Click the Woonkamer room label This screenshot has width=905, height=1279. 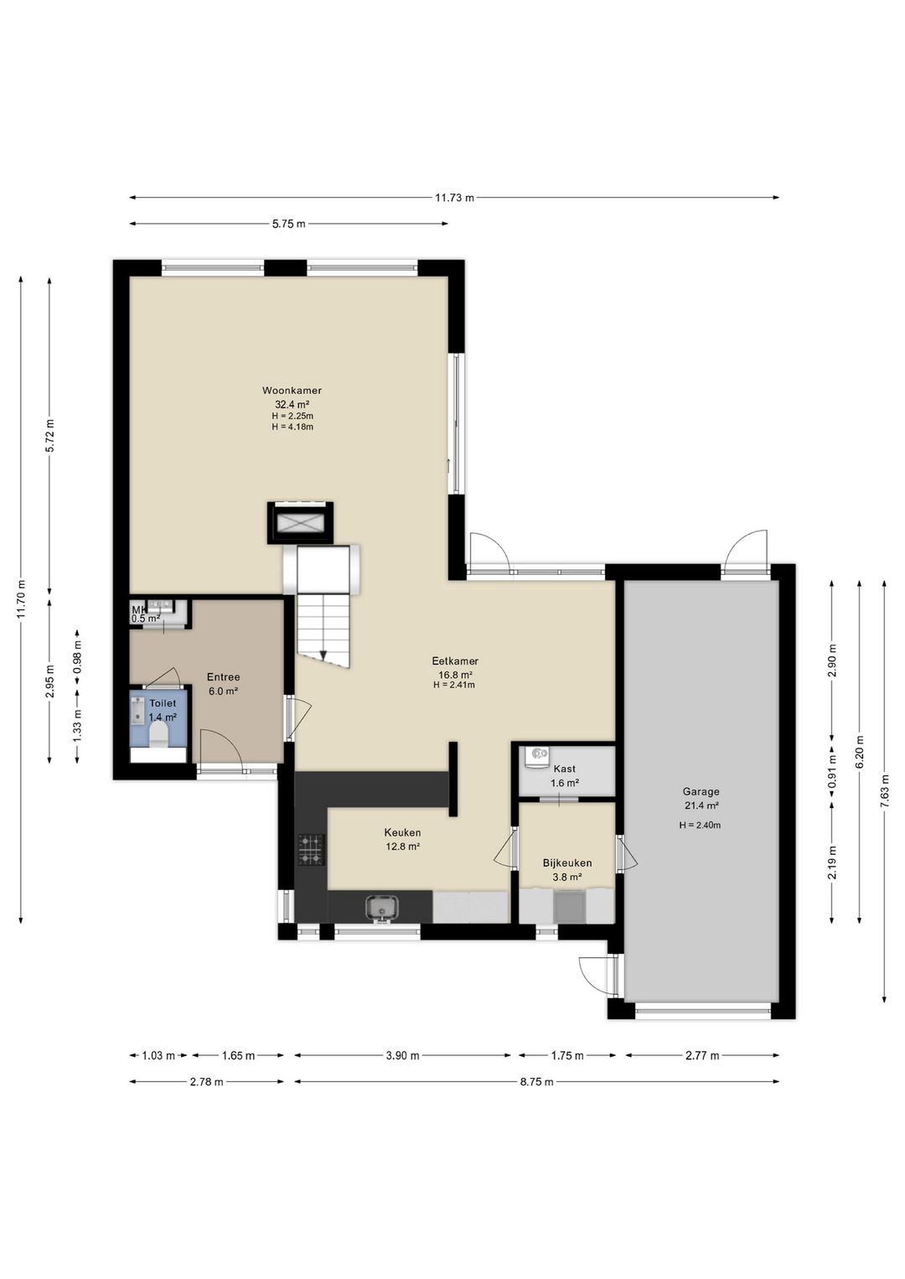(292, 391)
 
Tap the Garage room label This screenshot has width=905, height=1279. (701, 791)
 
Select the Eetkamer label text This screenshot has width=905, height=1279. (454, 661)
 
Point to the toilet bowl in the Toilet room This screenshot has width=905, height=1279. (158, 734)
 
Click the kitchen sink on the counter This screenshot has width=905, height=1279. (382, 908)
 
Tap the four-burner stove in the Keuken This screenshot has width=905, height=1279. (311, 850)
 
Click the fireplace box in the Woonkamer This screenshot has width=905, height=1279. (300, 522)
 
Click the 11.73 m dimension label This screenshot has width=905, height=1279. (454, 198)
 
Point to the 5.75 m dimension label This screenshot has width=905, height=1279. (289, 224)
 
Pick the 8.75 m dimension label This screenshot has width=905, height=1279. (537, 1081)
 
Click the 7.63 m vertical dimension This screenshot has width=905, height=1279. (884, 791)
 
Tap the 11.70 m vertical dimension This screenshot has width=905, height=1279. (21, 598)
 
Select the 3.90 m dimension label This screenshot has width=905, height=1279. (402, 1055)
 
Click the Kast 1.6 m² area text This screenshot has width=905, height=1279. (565, 783)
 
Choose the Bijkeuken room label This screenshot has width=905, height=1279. (567, 862)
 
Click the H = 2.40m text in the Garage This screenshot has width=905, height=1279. (700, 825)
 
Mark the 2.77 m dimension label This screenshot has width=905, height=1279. (702, 1055)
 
